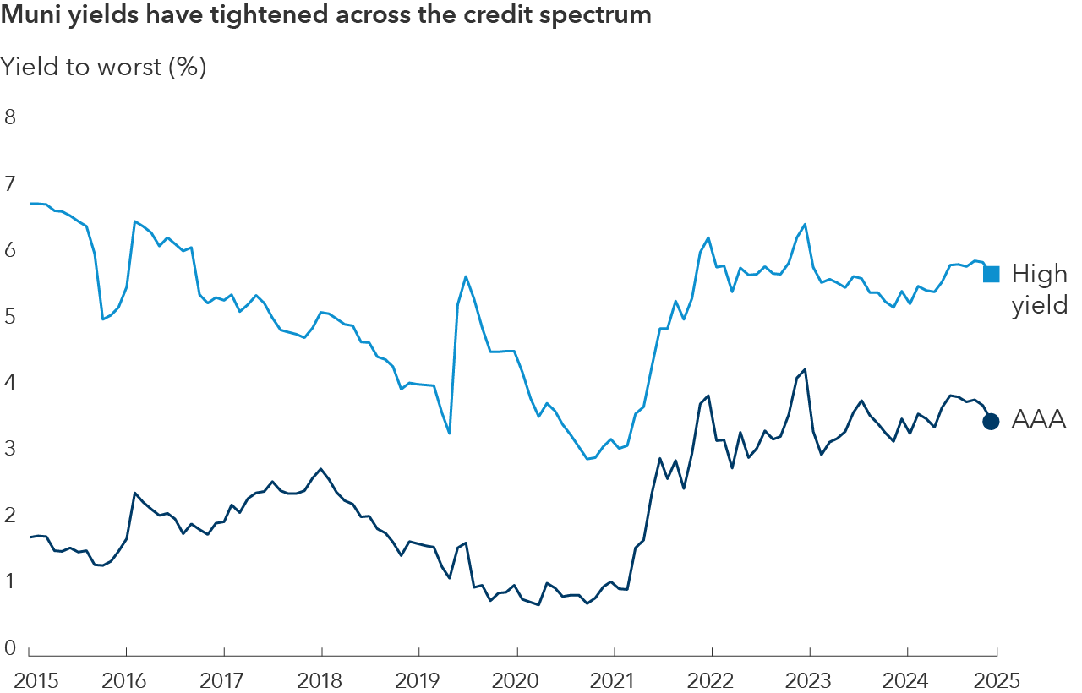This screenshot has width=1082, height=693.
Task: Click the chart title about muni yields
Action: pos(325,16)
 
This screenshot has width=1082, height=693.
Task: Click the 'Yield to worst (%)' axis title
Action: pos(103,67)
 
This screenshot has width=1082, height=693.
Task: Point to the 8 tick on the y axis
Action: pos(10,117)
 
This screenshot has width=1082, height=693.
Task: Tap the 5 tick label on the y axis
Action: pos(10,317)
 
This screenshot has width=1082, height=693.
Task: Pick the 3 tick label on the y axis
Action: pos(10,450)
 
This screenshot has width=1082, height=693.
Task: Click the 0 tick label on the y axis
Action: pos(10,648)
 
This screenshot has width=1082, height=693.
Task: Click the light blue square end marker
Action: pos(992,274)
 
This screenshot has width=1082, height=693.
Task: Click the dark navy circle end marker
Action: pos(992,421)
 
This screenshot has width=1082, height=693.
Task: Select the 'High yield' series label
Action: pos(1040,289)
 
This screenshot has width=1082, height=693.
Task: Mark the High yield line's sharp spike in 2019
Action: pos(466,276)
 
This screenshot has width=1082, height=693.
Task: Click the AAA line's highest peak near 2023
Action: pos(805,369)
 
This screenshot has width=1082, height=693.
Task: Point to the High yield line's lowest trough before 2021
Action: pos(587,459)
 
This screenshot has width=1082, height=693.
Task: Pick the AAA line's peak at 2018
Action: pos(320,469)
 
